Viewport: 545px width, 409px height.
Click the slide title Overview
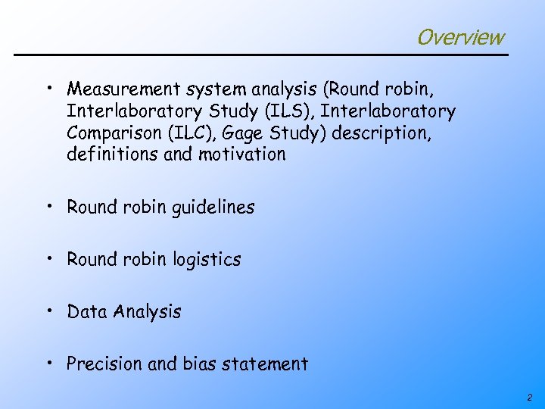[459, 36]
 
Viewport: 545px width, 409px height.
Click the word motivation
[242, 155]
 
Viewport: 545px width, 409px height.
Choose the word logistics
[205, 260]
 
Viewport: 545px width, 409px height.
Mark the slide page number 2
[529, 398]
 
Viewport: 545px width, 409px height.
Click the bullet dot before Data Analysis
[48, 311]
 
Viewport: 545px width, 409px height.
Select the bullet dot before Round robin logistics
[48, 258]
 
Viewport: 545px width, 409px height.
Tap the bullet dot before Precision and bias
[48, 362]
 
